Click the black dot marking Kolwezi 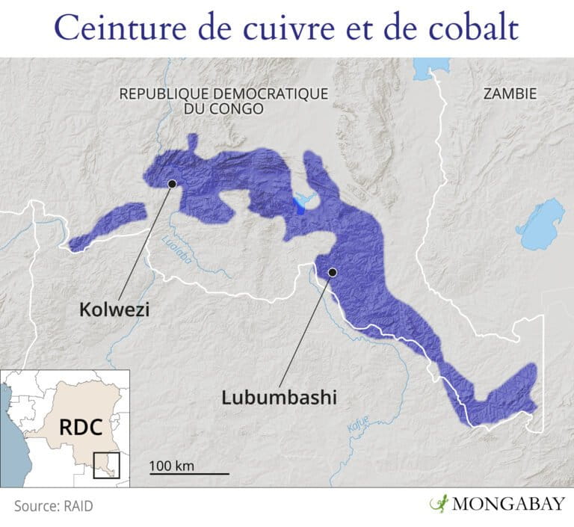pos(172,182)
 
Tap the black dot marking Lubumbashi pos(333,272)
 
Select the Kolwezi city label pos(114,309)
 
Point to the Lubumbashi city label pos(279,397)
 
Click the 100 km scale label pos(171,466)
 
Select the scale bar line pos(188,474)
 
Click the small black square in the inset pos(106,464)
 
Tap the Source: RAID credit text pos(54,506)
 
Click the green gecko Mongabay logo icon pos(438,504)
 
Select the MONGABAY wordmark pos(507,505)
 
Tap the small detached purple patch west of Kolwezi pos(108,225)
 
